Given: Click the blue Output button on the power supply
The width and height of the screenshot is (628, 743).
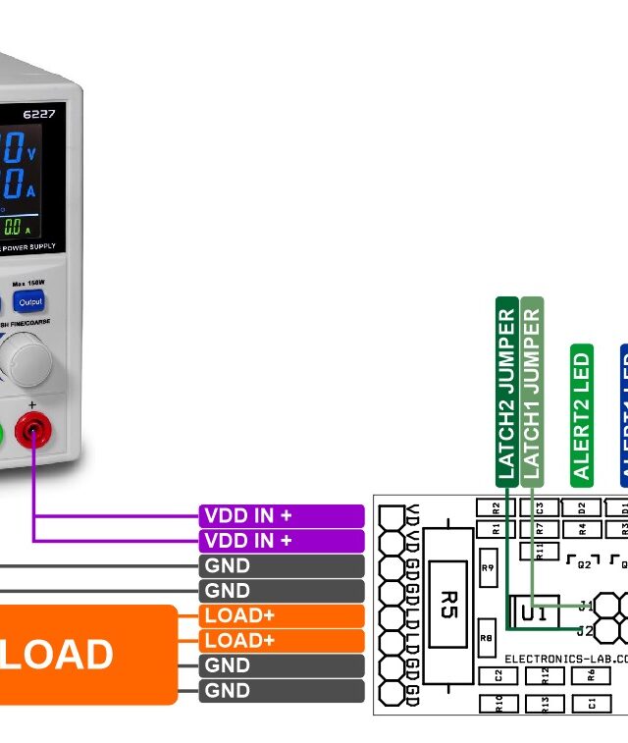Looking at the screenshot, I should (x=30, y=301).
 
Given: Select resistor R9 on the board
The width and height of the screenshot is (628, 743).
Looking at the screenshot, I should (x=488, y=567).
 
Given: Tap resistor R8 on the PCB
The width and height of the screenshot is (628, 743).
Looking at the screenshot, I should (x=487, y=636).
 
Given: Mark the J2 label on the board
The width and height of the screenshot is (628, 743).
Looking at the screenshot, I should (x=586, y=630).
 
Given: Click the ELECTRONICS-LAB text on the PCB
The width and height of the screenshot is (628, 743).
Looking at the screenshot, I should (x=564, y=659).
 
